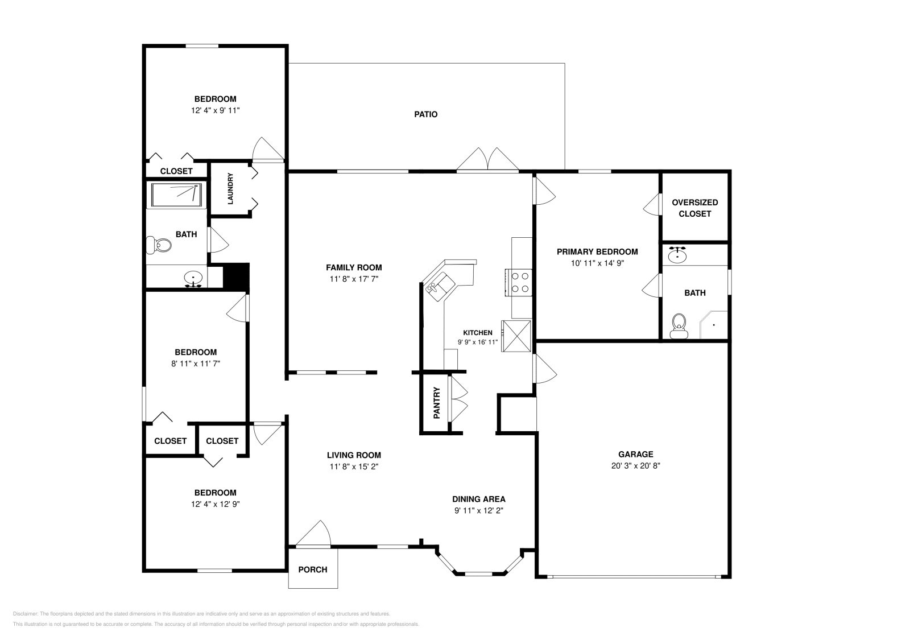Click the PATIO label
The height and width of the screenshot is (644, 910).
click(425, 114)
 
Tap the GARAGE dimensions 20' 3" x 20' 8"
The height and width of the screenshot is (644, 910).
click(635, 465)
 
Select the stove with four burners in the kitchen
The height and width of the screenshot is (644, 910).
click(519, 283)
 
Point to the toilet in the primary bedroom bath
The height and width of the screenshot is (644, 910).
click(678, 328)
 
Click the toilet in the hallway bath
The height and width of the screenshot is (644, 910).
click(159, 245)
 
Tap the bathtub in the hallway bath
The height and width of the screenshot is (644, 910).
click(176, 195)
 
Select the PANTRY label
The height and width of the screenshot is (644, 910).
click(437, 403)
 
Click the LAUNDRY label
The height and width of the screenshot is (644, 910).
click(231, 189)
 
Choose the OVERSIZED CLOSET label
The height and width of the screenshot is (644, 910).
click(694, 208)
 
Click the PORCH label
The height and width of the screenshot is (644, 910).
click(313, 569)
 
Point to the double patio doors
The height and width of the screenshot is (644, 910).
click(487, 159)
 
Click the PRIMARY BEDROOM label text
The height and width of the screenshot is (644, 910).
click(597, 251)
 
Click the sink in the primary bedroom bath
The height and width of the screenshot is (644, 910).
click(677, 255)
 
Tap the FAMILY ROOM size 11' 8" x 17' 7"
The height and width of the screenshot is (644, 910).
click(354, 279)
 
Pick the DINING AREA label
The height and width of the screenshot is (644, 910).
click(478, 499)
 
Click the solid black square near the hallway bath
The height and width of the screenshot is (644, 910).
click(236, 276)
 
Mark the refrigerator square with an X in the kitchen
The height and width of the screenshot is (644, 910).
click(516, 336)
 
